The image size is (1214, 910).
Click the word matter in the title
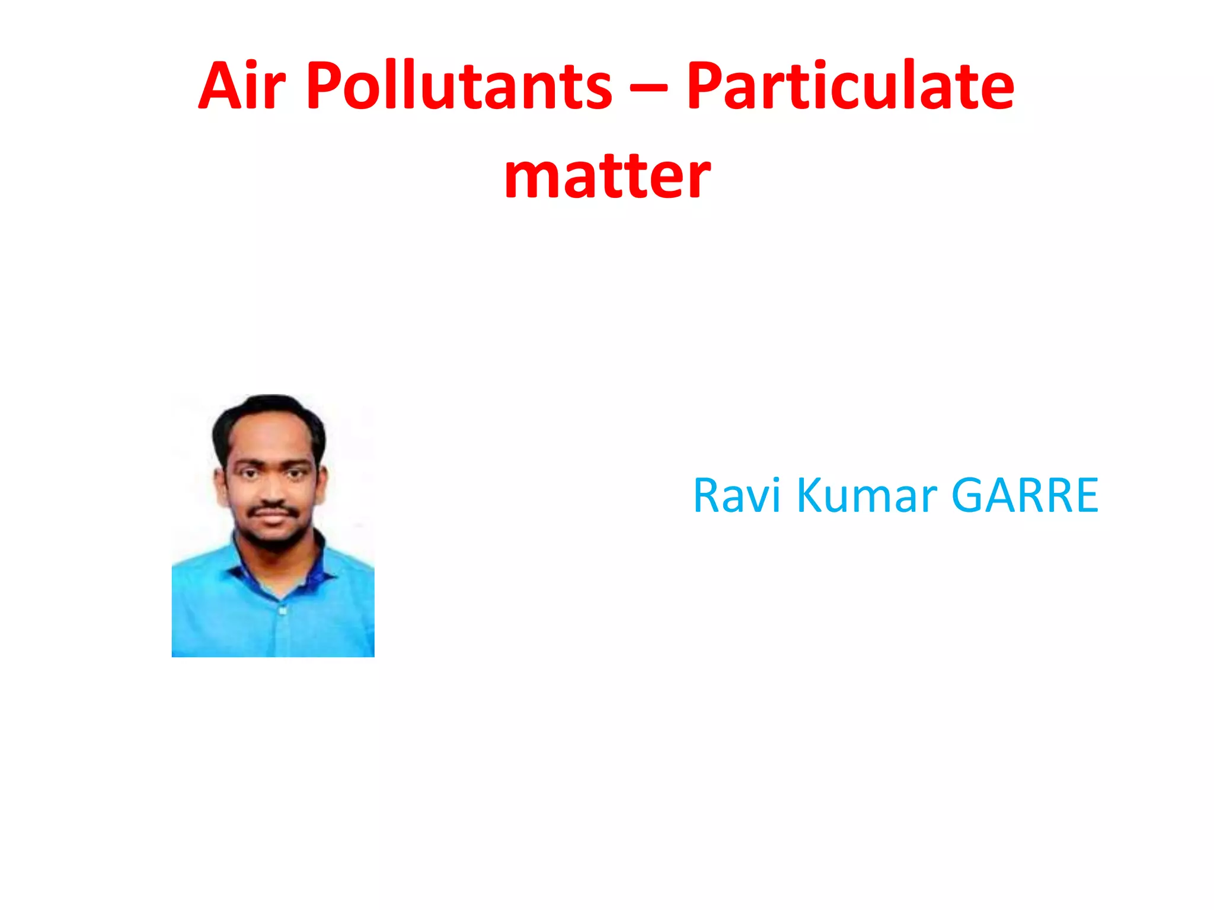(607, 176)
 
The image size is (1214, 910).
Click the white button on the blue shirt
(282, 610)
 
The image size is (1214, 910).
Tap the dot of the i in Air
(252, 63)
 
